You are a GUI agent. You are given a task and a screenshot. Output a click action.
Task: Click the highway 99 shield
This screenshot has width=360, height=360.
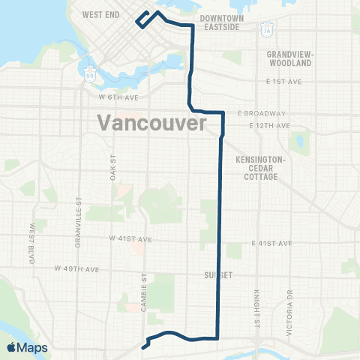tap(91, 74)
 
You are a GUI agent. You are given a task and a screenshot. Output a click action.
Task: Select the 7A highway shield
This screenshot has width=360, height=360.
tap(266, 30)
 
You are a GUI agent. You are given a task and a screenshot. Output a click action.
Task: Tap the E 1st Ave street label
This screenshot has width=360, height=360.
tap(282, 81)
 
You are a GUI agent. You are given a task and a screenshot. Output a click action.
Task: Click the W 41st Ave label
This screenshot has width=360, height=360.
tap(130, 238)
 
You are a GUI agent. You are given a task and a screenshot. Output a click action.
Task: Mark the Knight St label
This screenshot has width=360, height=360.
tap(256, 295)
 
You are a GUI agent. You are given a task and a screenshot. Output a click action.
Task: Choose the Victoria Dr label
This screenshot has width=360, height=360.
tap(288, 296)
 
